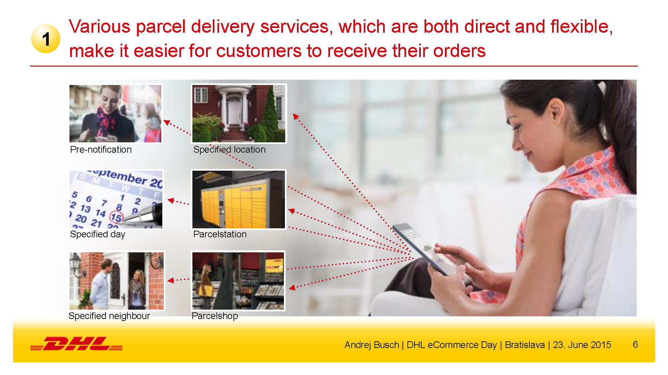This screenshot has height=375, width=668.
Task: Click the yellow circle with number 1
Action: [46, 39]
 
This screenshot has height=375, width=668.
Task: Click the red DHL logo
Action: [76, 344]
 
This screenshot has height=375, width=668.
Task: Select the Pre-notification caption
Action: [101, 150]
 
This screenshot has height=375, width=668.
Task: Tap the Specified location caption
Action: [229, 150]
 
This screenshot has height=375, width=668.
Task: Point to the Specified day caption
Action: [98, 234]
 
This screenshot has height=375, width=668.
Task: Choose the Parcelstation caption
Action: [220, 234]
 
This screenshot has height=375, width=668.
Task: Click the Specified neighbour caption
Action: [109, 316]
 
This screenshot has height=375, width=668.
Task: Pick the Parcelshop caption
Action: [215, 316]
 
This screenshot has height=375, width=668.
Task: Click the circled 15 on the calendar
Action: [116, 217]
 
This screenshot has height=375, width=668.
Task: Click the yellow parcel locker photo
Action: [239, 200]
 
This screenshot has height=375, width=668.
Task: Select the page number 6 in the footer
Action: [635, 344]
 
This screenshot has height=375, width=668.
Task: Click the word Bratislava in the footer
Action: [525, 345]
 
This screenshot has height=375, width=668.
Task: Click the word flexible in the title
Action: [581, 27]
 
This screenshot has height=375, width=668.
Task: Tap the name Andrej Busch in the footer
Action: [372, 345]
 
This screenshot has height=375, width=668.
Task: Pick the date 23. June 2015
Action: [582, 345]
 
